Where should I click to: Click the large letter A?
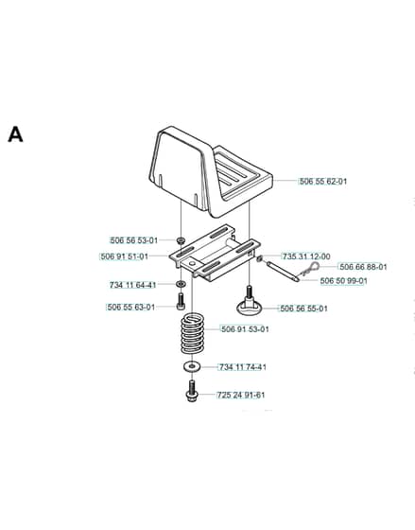(x=15, y=134)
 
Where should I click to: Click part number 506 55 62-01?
(x=323, y=181)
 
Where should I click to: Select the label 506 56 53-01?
(x=134, y=240)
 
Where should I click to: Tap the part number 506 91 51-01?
(x=125, y=256)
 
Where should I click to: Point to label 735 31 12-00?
(x=306, y=256)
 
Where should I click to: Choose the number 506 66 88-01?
(x=363, y=267)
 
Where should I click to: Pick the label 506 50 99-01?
(x=344, y=281)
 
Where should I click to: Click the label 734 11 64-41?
(x=132, y=285)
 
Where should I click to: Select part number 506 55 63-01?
(x=131, y=308)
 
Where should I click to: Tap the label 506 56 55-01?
(x=303, y=309)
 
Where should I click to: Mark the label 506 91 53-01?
(x=245, y=329)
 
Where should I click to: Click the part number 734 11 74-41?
(x=243, y=367)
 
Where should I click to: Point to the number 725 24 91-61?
(x=241, y=395)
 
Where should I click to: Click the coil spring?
(x=193, y=334)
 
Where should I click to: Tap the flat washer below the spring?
(x=192, y=367)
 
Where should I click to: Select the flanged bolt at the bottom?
(x=192, y=391)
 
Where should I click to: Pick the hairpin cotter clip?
(x=310, y=269)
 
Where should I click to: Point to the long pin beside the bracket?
(x=282, y=271)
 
